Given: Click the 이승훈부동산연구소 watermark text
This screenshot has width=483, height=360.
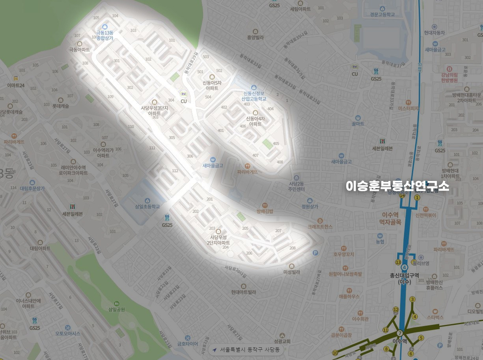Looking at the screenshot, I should [x=397, y=186].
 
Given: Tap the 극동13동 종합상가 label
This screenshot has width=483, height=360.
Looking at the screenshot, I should [x=104, y=35].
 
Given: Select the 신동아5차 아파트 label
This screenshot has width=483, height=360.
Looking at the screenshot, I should [x=212, y=86].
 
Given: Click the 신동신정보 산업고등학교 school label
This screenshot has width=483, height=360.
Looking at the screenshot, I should [x=254, y=96].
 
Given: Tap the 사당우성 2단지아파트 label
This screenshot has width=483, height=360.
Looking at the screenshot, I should [x=220, y=240].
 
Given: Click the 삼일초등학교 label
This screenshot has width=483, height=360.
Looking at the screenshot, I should [x=147, y=206].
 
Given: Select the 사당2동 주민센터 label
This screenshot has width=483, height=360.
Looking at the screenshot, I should [x=297, y=186].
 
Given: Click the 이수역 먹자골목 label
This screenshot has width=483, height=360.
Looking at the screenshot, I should [x=391, y=218].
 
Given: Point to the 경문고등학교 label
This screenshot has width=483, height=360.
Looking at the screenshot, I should [x=382, y=15].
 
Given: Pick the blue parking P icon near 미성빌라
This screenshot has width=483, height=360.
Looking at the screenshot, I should [x=315, y=253].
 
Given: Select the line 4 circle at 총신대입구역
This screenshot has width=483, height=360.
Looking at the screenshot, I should [x=405, y=267].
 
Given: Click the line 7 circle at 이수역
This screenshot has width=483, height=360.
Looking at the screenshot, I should [x=400, y=333].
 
